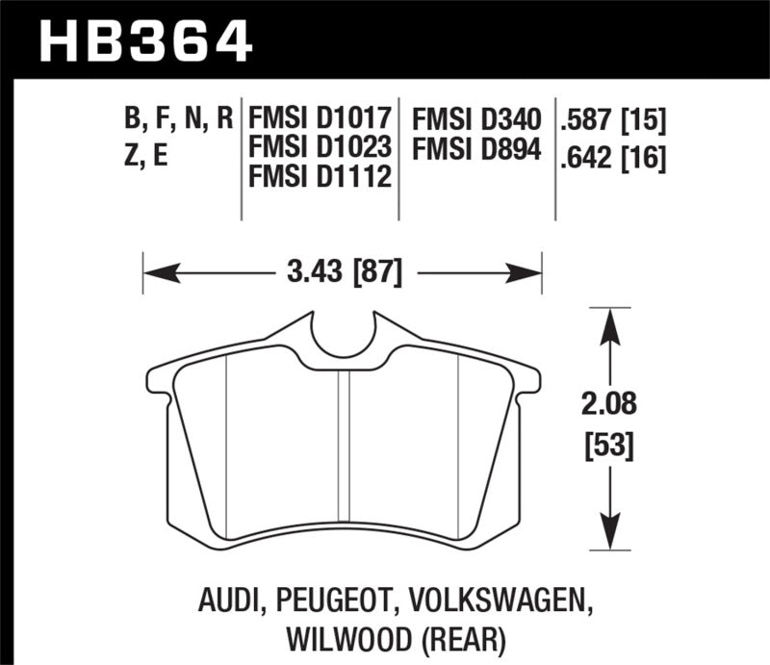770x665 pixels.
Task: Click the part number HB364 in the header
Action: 144,41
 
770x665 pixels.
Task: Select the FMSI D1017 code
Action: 319,119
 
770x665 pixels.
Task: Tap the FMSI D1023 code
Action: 319,148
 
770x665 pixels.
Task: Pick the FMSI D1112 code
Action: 319,177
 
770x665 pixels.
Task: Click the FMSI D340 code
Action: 476,119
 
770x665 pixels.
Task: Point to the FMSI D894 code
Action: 476,148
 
